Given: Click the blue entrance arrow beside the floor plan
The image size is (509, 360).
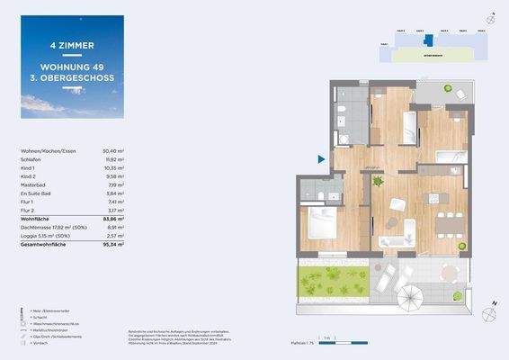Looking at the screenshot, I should [x=321, y=159].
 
